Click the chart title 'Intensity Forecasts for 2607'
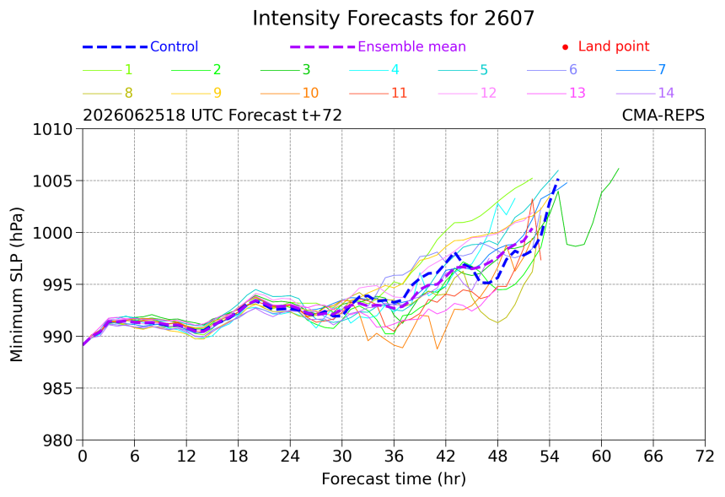(394, 19)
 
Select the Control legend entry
(140, 46)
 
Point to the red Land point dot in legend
(565, 47)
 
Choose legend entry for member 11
(379, 93)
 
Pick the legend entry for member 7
(641, 69)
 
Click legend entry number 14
(645, 93)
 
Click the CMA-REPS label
(663, 115)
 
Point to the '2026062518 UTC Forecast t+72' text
(212, 115)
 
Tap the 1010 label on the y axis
(52, 129)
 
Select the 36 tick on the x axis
(394, 456)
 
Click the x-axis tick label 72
(705, 456)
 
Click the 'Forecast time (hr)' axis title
(394, 479)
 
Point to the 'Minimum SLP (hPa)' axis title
(16, 284)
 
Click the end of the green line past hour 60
(619, 169)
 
